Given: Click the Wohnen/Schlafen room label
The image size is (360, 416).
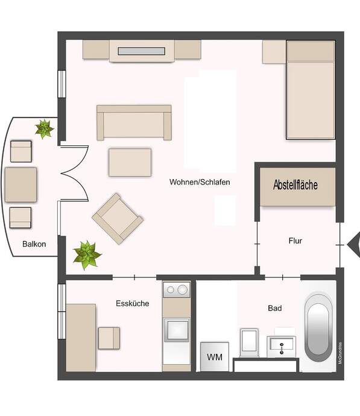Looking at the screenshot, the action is pos(200,182).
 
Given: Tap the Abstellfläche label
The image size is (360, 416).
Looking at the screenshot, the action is pos(295,184).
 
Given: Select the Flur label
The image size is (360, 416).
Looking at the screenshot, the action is pos(295,241).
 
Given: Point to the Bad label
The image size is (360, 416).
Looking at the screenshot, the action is pos(275,308).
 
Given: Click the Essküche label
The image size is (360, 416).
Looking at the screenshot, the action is pos(133,303).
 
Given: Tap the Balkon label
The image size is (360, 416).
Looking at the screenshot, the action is pos(34,244).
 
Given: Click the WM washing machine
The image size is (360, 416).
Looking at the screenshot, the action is pos(215,357).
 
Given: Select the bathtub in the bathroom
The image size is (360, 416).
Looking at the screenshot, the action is pos(318,327).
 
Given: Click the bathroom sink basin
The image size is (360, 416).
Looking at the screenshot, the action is pos(281,346).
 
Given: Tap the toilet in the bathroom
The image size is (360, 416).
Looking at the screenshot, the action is pos(249,342).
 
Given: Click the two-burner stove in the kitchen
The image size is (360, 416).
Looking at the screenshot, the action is pos(177,290).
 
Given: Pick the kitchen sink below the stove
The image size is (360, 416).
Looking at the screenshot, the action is pos(177,330).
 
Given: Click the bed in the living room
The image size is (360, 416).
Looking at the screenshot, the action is pos(311,90).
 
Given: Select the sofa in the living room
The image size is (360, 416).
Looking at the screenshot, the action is pos(134,122).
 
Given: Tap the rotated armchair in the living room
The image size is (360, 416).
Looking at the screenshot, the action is pos(118,219).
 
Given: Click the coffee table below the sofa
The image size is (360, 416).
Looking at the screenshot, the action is pos(130,162).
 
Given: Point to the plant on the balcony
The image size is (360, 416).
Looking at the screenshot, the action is pos(44,129).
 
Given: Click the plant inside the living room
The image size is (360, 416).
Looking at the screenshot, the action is pos(87,255).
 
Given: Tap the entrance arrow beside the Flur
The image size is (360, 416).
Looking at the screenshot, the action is pos(354,244).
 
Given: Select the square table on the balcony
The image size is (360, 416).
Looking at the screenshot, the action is pos(21,184).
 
